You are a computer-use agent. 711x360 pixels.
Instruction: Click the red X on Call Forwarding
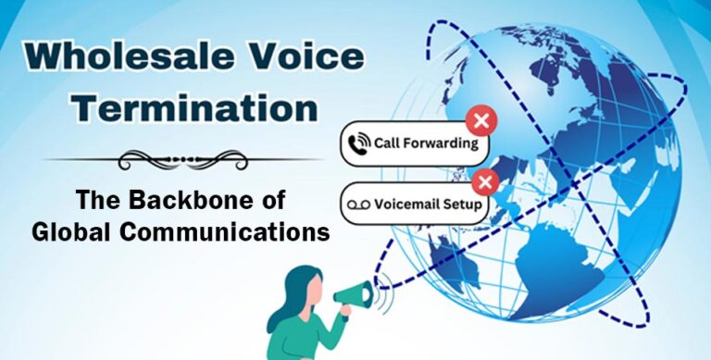pos(480,121)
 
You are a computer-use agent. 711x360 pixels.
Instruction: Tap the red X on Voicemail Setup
pos(483,180)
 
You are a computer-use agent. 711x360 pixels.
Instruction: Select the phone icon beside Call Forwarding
pos(356,144)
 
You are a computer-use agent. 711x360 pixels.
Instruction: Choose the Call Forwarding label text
pos(426,144)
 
